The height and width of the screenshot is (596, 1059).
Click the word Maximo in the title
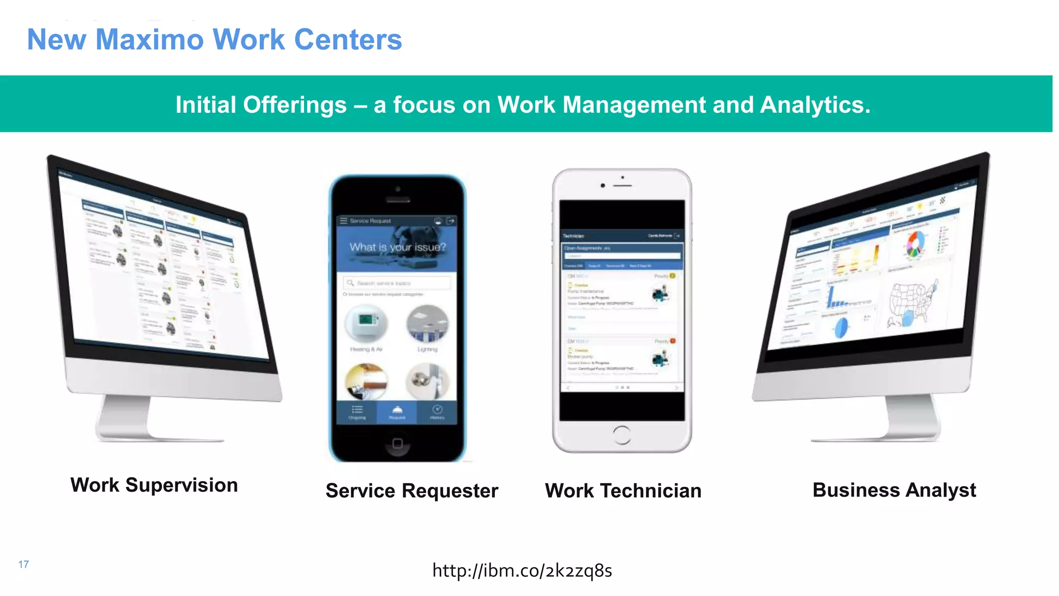(150, 40)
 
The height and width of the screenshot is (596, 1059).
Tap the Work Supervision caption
(154, 485)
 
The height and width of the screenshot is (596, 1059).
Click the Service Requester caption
(412, 490)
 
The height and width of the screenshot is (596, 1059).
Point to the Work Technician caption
(623, 490)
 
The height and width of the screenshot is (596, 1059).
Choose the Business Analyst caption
(894, 490)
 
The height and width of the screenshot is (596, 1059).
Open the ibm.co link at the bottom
(522, 571)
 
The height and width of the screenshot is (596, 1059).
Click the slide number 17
(24, 564)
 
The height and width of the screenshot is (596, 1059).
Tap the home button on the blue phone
(397, 443)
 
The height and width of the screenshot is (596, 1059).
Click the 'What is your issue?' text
(397, 247)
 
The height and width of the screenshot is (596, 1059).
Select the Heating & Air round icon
(366, 323)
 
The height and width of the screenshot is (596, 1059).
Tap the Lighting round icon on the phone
(427, 324)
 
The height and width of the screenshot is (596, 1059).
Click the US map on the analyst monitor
(913, 302)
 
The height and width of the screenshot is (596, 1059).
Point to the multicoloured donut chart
(914, 244)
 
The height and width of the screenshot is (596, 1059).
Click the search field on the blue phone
(397, 283)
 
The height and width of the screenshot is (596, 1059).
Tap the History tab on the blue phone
(437, 412)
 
